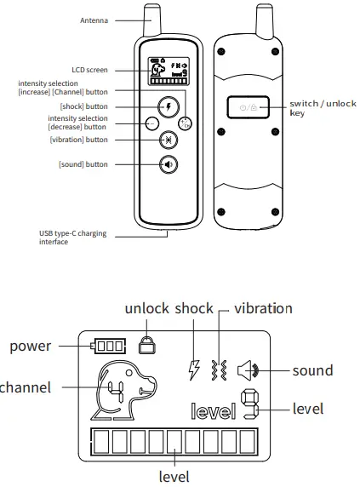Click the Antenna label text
[x=94, y=19]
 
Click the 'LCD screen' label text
[x=89, y=69]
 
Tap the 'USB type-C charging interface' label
[x=72, y=238]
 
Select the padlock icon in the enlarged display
[x=147, y=345]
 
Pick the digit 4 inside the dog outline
[x=113, y=392]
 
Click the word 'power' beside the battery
[x=30, y=346]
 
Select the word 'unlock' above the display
[x=146, y=308]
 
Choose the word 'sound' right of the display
[x=312, y=370]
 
